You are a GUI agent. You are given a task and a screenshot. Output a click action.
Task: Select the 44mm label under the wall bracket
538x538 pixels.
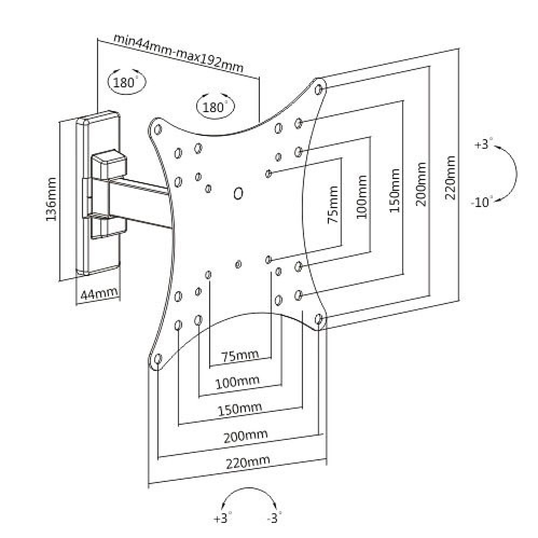point(99,294)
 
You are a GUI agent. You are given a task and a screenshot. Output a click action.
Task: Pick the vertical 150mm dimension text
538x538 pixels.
point(395,191)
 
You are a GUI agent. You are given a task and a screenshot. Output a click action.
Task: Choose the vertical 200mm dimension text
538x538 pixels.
point(421,184)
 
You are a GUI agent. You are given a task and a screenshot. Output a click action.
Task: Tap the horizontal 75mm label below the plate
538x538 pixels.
point(240,356)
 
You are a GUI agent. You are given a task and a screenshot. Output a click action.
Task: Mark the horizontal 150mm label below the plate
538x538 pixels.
point(240,409)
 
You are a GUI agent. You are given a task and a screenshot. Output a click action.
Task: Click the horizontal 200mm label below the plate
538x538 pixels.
point(245,436)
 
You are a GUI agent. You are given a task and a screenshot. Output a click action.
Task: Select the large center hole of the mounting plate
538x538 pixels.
point(238,193)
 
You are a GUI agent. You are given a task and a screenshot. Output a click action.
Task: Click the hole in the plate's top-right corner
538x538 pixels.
point(319,90)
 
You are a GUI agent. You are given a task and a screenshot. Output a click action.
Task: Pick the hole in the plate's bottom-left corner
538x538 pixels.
point(158,359)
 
